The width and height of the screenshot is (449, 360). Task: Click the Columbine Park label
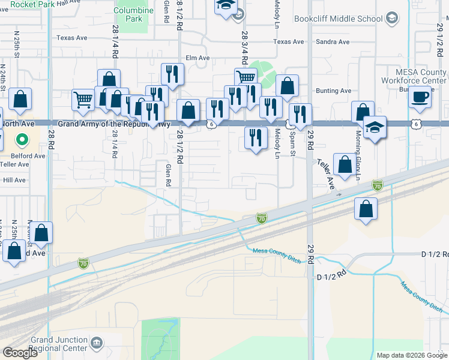130,14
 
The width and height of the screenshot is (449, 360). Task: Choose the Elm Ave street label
197,58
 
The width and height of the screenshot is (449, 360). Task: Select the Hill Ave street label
14,180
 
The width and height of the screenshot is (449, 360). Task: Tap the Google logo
20,353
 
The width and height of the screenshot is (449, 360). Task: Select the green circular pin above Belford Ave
22,140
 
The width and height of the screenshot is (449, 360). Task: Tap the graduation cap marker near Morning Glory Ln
375,128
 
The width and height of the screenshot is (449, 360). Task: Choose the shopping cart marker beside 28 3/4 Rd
246,78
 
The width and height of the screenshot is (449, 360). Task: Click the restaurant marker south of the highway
256,138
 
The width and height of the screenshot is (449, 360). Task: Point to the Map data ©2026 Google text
411,355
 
